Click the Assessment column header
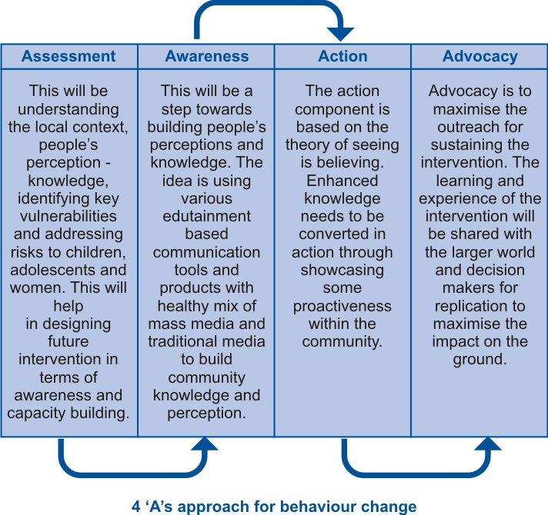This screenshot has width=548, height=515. point(68,56)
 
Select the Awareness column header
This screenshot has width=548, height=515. point(207,56)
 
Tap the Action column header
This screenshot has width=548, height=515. point(342,56)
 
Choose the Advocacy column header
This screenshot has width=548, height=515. point(480,57)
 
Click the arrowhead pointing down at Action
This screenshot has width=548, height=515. point(341,34)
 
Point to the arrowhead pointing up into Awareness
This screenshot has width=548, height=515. point(205,444)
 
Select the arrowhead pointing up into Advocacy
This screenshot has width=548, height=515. point(488,444)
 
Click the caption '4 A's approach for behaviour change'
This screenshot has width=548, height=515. point(274,507)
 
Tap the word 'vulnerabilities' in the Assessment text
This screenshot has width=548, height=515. point(68,216)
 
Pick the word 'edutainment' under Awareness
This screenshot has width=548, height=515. point(206,216)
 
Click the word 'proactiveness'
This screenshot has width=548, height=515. point(342,306)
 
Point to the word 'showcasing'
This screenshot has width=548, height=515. point(342,270)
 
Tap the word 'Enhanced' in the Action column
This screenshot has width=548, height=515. point(342,181)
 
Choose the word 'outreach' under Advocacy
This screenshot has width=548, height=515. point(465,127)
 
